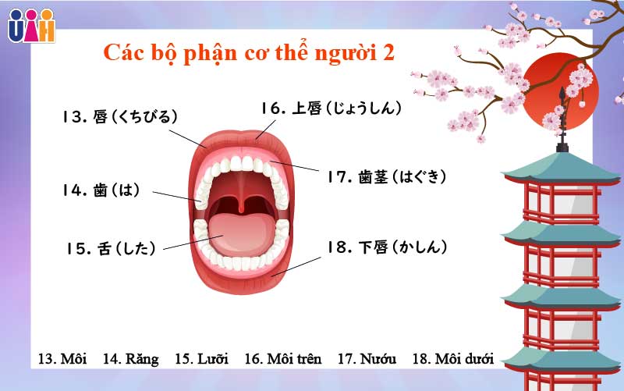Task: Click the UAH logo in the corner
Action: click(31, 25)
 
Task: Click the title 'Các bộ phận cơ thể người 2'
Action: click(250, 53)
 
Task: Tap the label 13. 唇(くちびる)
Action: click(121, 117)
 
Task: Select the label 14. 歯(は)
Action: click(101, 190)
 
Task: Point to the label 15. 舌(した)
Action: click(111, 248)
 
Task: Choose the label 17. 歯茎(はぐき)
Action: click(387, 177)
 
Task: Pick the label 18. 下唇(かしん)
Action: click(387, 247)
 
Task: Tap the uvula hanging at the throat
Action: click(244, 204)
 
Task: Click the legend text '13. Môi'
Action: click(62, 359)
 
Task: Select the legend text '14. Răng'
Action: click(130, 359)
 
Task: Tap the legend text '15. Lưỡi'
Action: click(201, 359)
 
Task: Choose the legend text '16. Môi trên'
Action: click(282, 359)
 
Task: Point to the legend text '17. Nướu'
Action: click(367, 359)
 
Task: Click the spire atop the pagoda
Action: click(562, 121)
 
